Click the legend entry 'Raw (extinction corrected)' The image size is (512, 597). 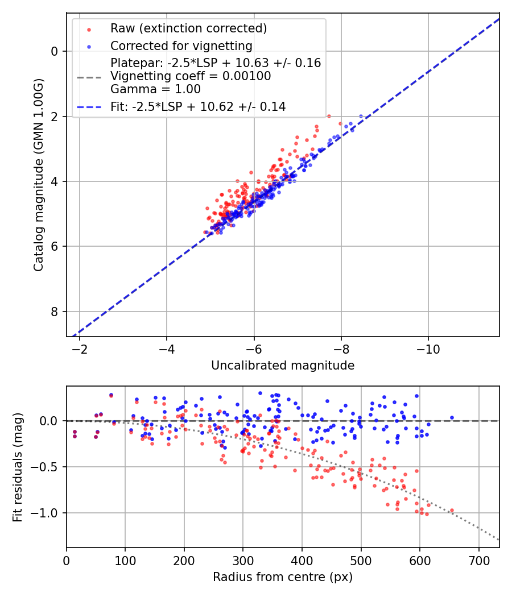[x=188, y=28]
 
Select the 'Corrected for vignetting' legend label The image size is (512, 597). [x=181, y=45]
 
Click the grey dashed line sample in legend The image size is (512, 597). [x=89, y=76]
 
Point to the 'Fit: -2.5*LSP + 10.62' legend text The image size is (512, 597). [x=198, y=106]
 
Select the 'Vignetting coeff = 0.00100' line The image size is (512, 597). [x=191, y=76]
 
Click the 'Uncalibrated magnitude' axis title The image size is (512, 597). [x=283, y=366]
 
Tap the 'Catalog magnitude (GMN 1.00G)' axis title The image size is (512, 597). [x=38, y=175]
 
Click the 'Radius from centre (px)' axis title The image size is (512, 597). [x=283, y=577]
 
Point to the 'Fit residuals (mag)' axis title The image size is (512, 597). [x=18, y=467]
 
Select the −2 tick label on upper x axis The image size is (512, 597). [x=80, y=349]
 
